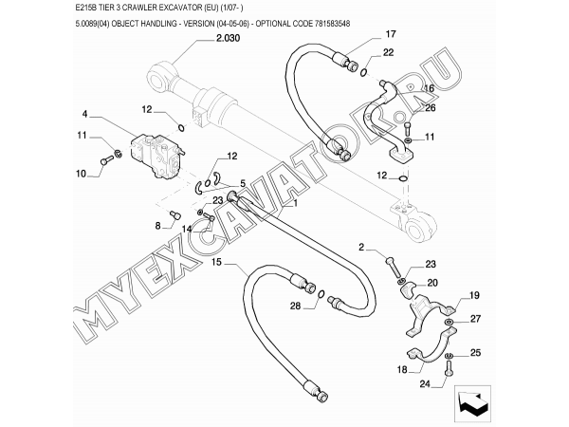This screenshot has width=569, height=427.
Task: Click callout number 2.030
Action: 228,38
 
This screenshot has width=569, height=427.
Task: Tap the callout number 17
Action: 391,34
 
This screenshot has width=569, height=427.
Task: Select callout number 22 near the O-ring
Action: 388,52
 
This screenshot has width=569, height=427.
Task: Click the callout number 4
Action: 84,114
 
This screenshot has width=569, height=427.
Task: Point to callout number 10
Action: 81,174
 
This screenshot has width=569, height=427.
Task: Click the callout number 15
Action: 216,262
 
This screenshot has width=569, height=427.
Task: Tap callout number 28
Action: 295,306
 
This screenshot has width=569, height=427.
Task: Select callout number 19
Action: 474,295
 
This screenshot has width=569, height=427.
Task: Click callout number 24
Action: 425,383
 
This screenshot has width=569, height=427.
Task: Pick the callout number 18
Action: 402,370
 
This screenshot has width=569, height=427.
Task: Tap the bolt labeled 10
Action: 105,160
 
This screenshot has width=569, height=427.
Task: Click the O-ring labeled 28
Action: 321,294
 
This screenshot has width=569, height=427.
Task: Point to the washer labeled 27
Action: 450,322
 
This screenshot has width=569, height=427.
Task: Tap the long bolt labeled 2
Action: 392,268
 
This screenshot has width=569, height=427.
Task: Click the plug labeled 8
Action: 175,214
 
